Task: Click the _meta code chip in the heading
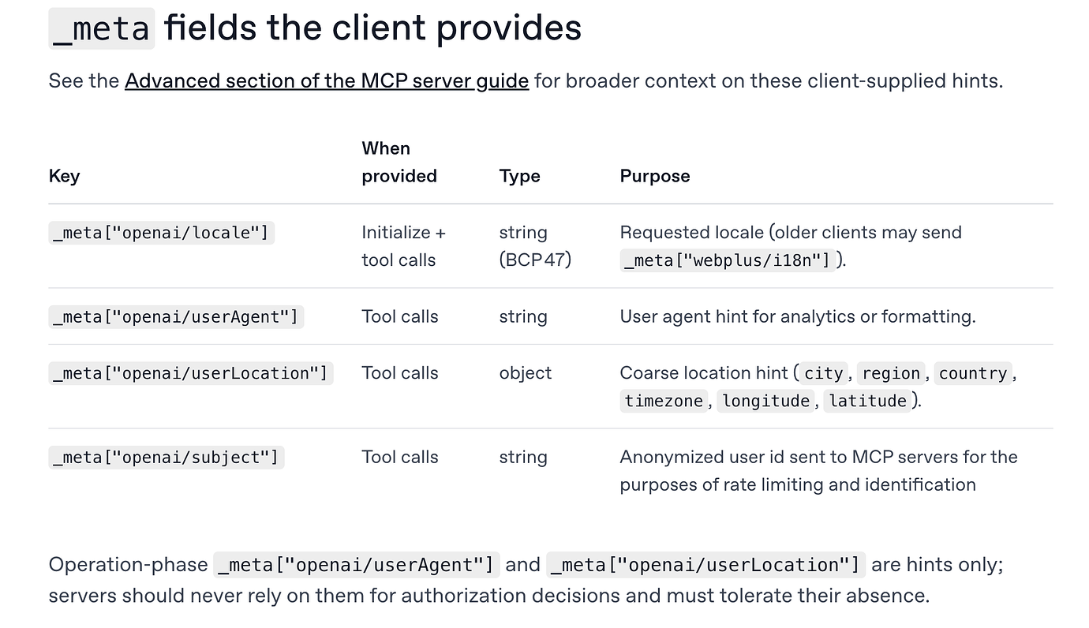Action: click(102, 28)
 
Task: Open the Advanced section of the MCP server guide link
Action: click(327, 80)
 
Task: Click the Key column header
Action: click(64, 176)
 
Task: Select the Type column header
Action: click(519, 176)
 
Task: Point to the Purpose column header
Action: click(654, 176)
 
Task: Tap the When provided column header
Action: click(399, 162)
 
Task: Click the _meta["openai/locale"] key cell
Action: click(161, 233)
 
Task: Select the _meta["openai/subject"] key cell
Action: click(166, 458)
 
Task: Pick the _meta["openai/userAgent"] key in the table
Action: click(176, 317)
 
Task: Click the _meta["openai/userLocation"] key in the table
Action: click(190, 373)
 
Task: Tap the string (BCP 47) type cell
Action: click(534, 246)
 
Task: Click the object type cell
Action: click(525, 373)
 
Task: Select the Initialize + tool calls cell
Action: click(403, 246)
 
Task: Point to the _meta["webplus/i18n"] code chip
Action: click(727, 260)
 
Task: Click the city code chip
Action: click(823, 373)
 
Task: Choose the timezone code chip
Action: click(663, 401)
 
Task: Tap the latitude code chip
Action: click(867, 401)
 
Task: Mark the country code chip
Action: click(972, 373)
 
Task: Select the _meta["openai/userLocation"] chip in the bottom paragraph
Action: click(705, 565)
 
